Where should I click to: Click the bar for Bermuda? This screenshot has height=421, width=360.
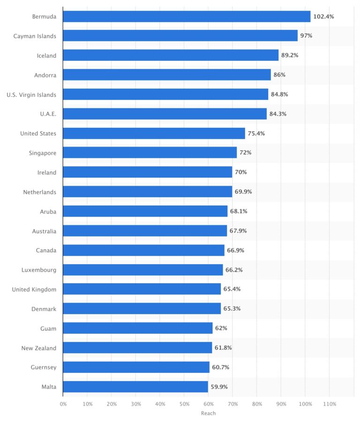point(187,16)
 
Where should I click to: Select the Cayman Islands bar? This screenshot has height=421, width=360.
point(180,36)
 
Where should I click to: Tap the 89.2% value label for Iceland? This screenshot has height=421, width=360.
point(290,55)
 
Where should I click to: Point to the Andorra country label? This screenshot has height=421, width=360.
point(45,75)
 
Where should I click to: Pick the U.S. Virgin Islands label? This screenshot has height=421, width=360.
point(31,95)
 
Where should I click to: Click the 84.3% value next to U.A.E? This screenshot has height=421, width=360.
point(278,114)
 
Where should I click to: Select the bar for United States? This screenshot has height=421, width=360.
point(154,133)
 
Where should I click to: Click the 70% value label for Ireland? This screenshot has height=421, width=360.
point(241,172)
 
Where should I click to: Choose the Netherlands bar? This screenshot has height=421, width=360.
point(147,192)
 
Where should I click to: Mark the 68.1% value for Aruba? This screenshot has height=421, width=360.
point(238,211)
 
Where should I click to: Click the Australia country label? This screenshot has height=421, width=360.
point(44,231)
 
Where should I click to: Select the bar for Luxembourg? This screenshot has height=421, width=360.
point(143,270)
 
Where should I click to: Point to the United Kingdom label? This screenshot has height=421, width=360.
point(34,289)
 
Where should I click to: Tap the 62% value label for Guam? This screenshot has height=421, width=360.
point(221,328)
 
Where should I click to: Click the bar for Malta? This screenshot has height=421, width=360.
point(135,387)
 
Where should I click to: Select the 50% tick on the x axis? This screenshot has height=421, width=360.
point(184,403)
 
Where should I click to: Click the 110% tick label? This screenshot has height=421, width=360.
point(330,403)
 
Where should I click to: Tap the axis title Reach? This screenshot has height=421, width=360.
point(208,413)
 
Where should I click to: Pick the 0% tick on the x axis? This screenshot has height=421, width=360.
point(63,403)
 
